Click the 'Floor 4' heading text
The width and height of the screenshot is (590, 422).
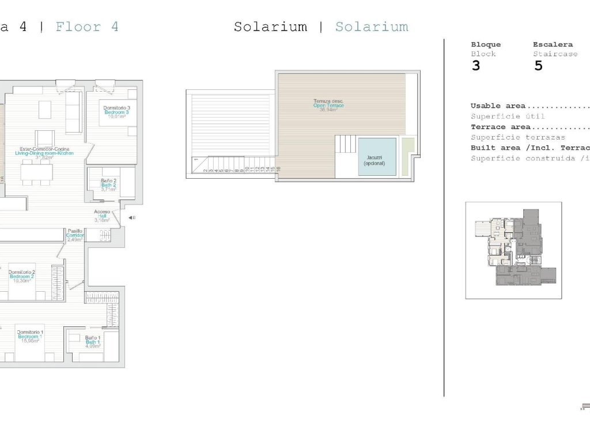[x=87, y=27]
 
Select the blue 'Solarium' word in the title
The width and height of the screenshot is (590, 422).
[x=372, y=27]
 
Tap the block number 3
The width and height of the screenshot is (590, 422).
[x=475, y=65]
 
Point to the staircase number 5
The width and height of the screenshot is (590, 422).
[x=539, y=65]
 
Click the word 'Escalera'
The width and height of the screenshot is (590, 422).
[x=553, y=44]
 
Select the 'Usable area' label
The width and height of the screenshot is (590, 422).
[x=498, y=106]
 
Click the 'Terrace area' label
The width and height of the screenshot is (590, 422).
[x=500, y=127]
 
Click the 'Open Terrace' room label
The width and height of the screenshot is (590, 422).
[x=328, y=105]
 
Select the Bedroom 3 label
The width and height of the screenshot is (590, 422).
[x=116, y=112]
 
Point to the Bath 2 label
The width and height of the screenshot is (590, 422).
[x=109, y=184]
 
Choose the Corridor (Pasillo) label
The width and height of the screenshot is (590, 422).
[x=75, y=235]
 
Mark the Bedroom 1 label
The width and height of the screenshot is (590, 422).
[x=30, y=336]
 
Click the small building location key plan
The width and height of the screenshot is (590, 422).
[x=513, y=250]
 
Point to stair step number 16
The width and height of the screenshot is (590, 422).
[x=278, y=169]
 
